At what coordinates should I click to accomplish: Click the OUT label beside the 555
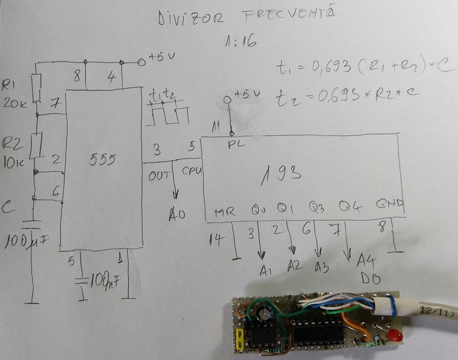(x=157, y=175)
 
